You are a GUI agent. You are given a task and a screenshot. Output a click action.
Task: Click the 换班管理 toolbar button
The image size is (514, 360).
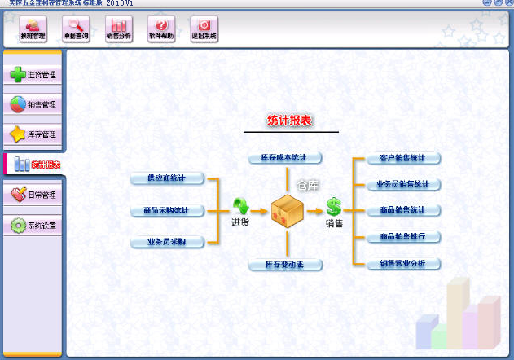coord(33,29)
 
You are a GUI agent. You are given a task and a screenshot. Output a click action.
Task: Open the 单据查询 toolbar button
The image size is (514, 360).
coord(76,29)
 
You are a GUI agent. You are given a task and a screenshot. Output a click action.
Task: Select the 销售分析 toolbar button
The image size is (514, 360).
coord(118,29)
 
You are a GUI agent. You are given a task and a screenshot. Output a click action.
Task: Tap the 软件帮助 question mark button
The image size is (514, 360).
coord(161,29)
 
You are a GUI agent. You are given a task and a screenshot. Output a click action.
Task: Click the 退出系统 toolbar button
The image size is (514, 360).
coord(204,29)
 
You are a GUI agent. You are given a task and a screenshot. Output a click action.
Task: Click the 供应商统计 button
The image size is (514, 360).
coord(166,178)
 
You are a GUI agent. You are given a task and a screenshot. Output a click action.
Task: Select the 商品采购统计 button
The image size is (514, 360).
coord(166,211)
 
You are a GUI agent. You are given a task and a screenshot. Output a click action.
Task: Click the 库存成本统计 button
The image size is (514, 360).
coord(285,157)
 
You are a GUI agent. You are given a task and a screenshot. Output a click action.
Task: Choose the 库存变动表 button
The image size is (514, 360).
coord(285,265)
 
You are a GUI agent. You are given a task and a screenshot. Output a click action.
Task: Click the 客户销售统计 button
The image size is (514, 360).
coord(398,158)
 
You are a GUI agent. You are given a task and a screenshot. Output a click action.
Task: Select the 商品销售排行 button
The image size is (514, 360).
coord(398,237)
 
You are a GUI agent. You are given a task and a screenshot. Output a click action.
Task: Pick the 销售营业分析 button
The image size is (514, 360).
coord(398,264)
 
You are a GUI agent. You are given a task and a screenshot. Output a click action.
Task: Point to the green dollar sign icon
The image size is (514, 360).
coord(334,206)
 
